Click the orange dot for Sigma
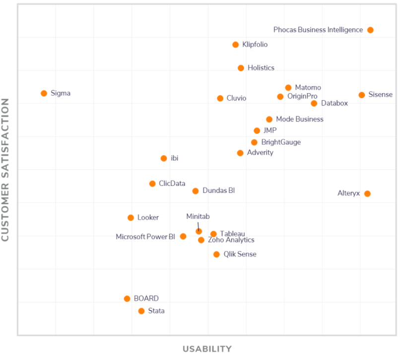coord(44,93)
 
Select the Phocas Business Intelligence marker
coord(370,30)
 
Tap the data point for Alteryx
coord(367,193)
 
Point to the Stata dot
coord(141,311)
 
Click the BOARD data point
coord(127,299)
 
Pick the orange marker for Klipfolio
coord(236,45)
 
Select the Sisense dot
coord(362,95)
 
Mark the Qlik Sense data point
coord(216,254)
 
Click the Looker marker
coord(131,218)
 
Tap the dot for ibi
coord(164,158)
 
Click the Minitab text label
coord(198,217)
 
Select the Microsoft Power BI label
coord(145,237)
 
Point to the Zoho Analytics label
coord(231,240)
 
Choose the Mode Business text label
coord(299,119)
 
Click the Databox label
coord(334,103)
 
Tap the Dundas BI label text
coord(218,190)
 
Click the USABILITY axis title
coord(207,349)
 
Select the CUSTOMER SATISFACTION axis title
coord(6,170)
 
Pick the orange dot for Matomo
coord(288,88)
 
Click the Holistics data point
coord(241,68)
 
